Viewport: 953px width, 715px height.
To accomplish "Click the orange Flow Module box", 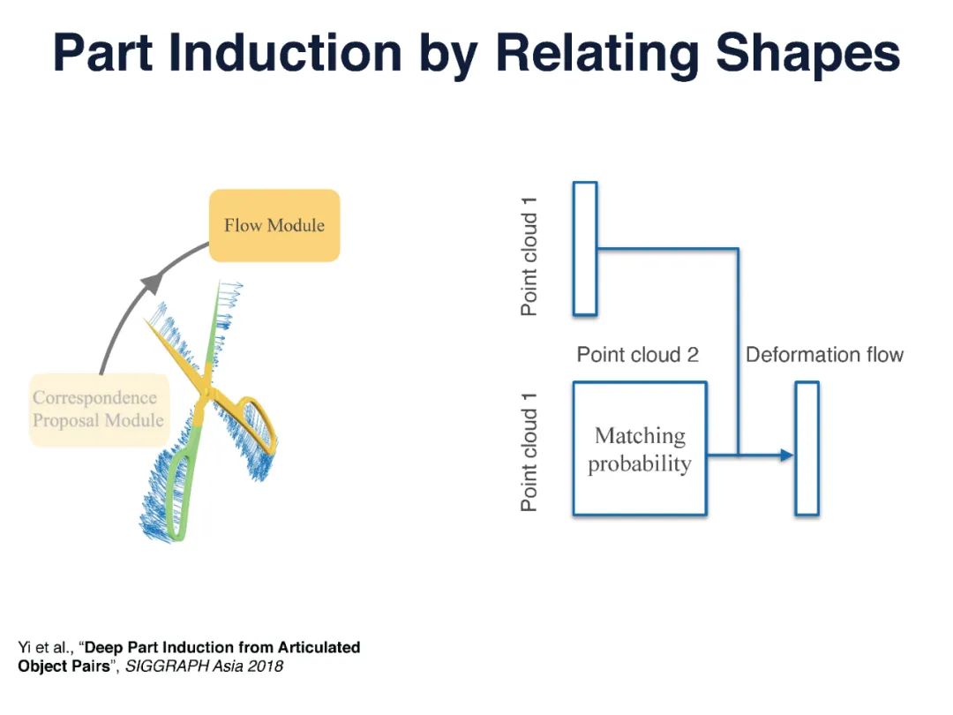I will tap(274, 225).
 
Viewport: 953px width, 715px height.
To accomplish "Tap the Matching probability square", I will tap(640, 448).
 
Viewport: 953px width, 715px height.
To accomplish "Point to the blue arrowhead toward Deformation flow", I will tap(785, 455).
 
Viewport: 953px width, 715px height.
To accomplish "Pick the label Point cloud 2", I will tap(637, 355).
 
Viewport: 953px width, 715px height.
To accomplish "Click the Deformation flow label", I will tap(824, 355).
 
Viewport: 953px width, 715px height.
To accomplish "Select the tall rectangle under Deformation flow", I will tap(807, 448).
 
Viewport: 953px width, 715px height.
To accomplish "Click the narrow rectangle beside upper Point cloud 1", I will tap(585, 248).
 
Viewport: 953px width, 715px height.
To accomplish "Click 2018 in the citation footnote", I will tap(266, 666).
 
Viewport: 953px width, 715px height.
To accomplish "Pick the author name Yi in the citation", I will tap(26, 648).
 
